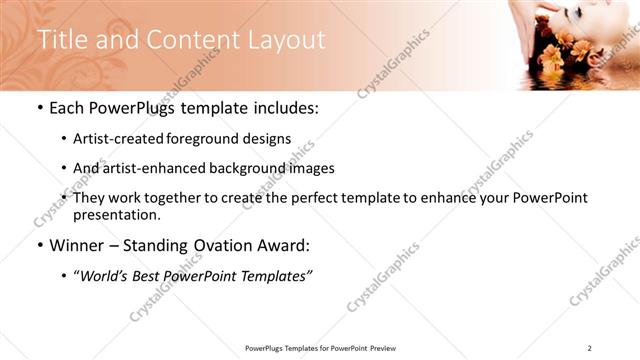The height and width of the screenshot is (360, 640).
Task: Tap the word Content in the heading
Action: (x=190, y=40)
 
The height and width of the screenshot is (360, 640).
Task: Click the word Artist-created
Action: (x=123, y=139)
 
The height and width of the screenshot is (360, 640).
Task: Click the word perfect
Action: (x=325, y=198)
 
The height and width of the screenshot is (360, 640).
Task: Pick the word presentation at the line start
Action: (x=117, y=214)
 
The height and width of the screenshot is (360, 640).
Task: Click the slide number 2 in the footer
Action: (x=590, y=348)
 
